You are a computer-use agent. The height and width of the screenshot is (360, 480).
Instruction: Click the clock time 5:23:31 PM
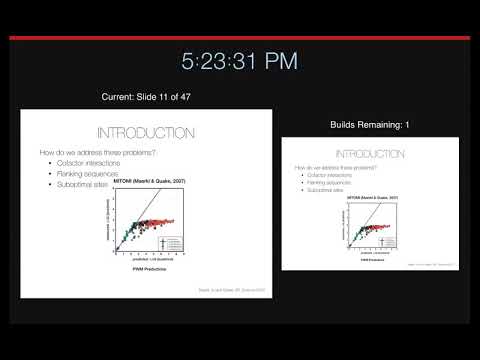point(239,61)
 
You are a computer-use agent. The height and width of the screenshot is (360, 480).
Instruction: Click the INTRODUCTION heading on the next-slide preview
point(370,154)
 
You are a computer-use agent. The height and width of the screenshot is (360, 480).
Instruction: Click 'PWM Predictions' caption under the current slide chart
point(148,271)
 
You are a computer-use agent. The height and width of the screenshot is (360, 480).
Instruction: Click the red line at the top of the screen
point(240,38)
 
